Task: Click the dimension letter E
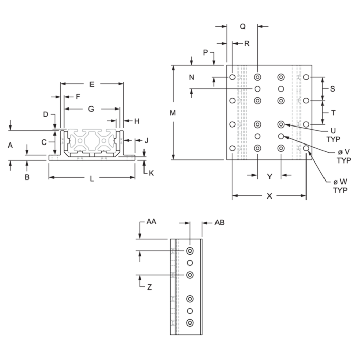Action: (92, 84)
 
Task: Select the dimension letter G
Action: (91, 109)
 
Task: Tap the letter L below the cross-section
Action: (92, 178)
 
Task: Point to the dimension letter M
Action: (173, 113)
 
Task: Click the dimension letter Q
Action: (243, 27)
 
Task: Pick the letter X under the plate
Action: (269, 196)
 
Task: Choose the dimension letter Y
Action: (269, 176)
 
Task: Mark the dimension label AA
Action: (151, 221)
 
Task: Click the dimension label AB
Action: (220, 222)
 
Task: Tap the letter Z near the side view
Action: (149, 287)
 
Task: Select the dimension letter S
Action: (332, 89)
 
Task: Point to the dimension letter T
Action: (333, 113)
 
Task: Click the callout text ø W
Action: (340, 182)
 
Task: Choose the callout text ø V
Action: (344, 152)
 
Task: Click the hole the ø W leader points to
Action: (306, 148)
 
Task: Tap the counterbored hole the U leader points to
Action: (281, 124)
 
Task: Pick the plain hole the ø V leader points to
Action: (281, 136)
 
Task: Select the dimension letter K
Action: (151, 173)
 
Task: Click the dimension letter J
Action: (146, 140)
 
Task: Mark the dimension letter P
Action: (206, 52)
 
